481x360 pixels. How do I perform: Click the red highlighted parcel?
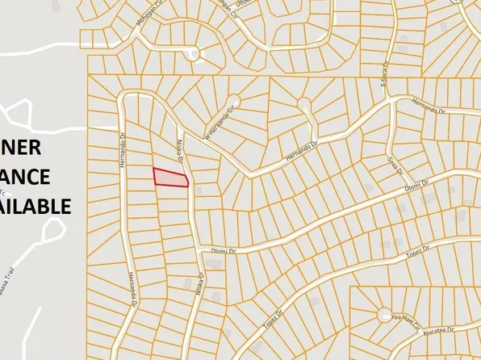170,178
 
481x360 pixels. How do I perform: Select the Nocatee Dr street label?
442,330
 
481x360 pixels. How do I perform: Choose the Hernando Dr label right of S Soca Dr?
429,106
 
